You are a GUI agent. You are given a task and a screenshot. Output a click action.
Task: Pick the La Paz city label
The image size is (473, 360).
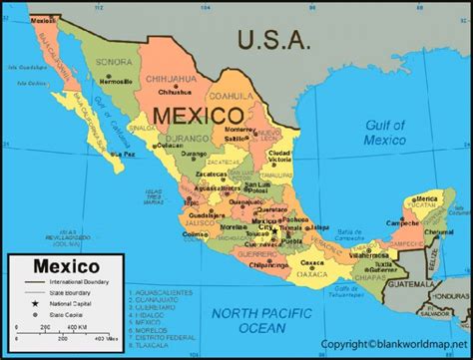(123, 155)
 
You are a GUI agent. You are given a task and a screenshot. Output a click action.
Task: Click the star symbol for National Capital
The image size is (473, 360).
(35, 303)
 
